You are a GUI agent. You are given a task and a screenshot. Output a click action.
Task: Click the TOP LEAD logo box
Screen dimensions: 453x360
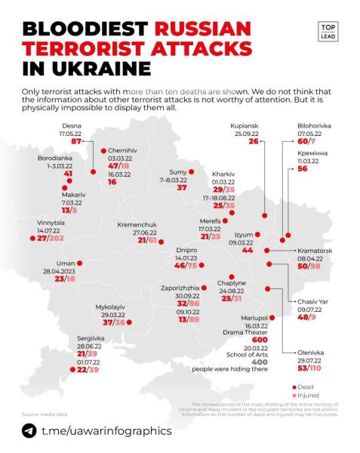coord(328,32)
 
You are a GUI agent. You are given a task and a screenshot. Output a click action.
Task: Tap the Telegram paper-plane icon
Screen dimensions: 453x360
coord(29,430)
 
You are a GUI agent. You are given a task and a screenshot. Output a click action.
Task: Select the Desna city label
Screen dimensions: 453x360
coord(72,126)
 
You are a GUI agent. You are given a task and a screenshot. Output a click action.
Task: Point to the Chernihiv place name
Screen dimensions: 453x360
coord(121,149)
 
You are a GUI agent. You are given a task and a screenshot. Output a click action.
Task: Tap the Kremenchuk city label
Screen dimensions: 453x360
coord(137,225)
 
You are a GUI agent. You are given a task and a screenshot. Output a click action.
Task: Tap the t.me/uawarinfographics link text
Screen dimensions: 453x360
coord(106,430)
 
